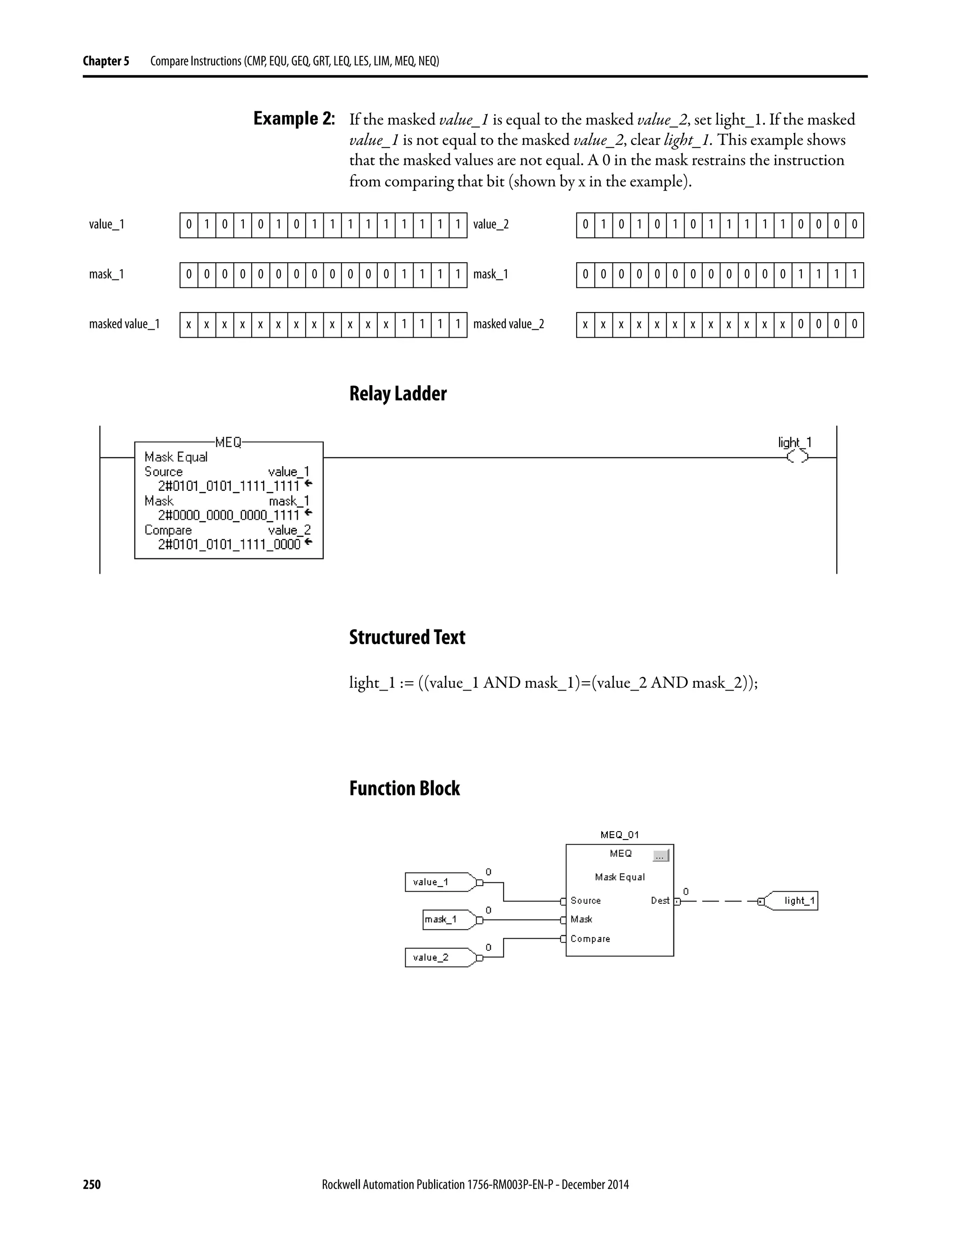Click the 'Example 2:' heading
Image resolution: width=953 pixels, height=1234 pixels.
coord(294,119)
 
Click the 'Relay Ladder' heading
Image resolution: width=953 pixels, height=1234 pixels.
coord(397,394)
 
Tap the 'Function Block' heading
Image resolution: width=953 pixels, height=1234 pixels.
coord(404,788)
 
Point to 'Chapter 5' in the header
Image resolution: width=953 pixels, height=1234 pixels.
coord(106,61)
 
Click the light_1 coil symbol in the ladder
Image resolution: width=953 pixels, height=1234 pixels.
coord(797,457)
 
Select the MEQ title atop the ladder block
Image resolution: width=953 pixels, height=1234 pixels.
coord(228,442)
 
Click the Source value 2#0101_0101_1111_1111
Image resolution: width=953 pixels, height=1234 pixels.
coord(228,486)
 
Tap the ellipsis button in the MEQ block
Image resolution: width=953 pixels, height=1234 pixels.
coord(660,856)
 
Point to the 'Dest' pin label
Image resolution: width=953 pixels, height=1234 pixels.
coord(659,901)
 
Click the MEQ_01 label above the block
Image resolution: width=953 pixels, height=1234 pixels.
coord(619,834)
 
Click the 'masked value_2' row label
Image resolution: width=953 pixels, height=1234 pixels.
coord(508,324)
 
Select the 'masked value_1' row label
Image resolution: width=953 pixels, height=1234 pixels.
coord(124,324)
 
